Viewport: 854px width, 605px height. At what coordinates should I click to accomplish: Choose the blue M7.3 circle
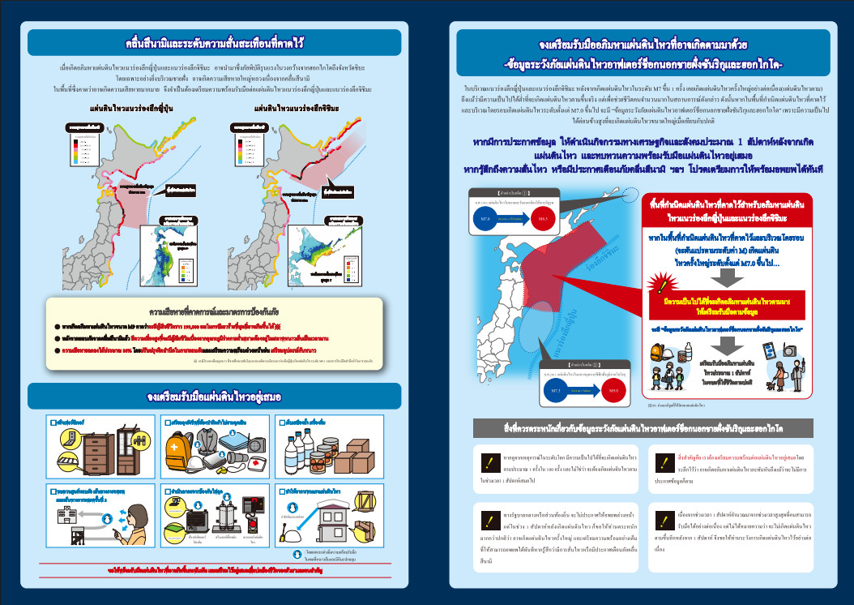point(556,391)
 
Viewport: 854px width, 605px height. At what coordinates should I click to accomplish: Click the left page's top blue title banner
point(214,41)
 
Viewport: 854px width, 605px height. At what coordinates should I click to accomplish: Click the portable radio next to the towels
point(241,442)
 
